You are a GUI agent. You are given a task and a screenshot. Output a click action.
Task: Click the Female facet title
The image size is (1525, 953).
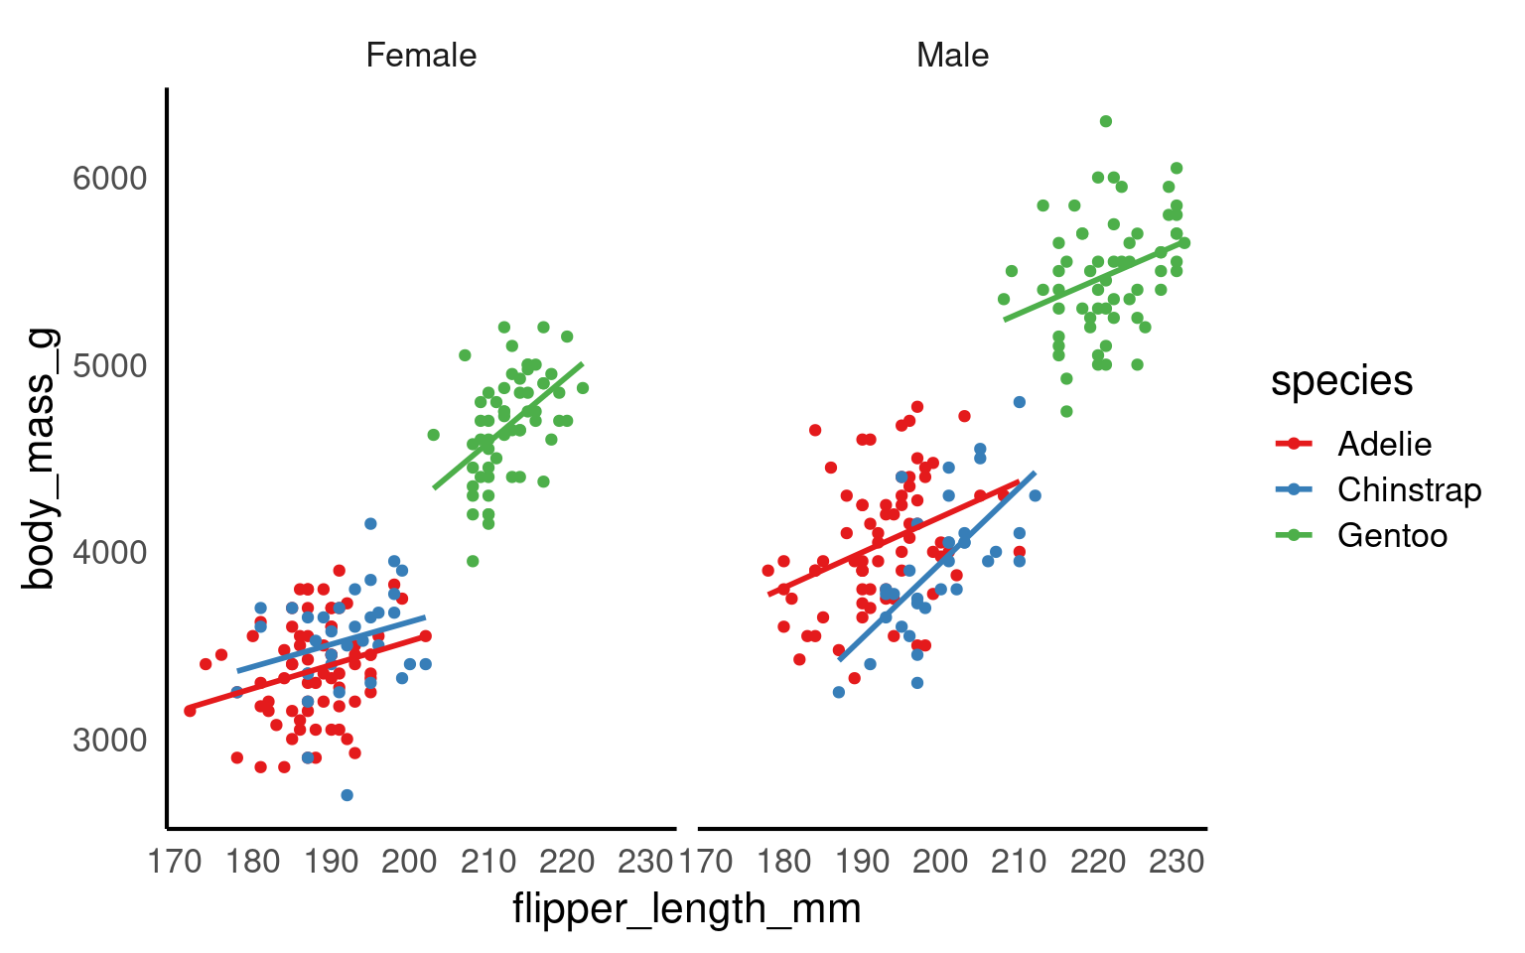[421, 56]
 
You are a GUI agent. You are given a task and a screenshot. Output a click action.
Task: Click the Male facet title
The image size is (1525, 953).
[952, 56]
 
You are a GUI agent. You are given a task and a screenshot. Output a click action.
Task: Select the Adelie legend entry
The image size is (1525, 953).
[1384, 444]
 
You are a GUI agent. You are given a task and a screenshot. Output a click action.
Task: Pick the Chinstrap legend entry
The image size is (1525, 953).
[1408, 489]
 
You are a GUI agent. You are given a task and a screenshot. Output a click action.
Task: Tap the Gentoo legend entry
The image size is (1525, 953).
[1392, 536]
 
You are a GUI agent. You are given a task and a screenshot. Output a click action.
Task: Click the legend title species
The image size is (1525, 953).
[1341, 381]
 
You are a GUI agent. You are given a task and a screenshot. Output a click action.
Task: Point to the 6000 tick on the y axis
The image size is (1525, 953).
[109, 179]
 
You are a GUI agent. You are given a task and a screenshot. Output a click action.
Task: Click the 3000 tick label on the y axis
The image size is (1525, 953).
[109, 741]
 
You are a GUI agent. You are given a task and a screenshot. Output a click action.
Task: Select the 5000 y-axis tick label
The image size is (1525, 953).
[109, 365]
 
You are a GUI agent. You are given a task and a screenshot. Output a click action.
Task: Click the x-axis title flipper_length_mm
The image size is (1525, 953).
[686, 908]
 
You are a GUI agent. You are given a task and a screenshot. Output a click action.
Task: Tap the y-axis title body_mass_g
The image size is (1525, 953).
[40, 459]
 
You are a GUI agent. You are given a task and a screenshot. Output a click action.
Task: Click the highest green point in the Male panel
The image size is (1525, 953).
[1105, 121]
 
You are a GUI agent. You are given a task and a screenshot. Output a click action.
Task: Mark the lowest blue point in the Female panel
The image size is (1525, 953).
[347, 795]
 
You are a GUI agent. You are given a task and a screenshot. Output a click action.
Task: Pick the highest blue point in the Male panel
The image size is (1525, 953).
[1019, 402]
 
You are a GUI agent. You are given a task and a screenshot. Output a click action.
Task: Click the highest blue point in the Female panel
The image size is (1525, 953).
[370, 523]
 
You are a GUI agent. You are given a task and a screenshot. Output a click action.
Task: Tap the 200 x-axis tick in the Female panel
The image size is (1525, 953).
[409, 861]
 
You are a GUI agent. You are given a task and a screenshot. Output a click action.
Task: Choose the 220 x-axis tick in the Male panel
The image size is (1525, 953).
[1098, 861]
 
